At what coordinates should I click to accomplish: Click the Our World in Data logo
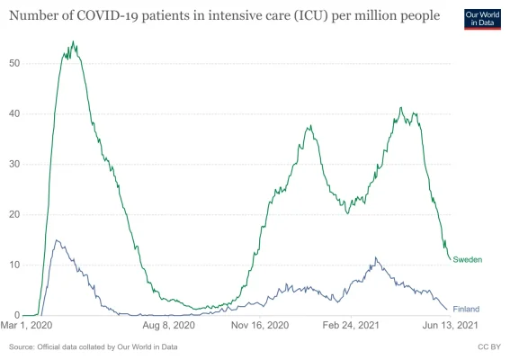click(x=481, y=18)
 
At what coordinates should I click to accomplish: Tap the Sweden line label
click(x=467, y=259)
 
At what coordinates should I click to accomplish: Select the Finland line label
click(x=466, y=309)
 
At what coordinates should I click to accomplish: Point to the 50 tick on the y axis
click(x=15, y=63)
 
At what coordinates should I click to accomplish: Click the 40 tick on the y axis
click(x=15, y=113)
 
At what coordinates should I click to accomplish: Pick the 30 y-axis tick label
click(x=15, y=164)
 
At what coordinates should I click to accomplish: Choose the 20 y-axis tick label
click(x=15, y=214)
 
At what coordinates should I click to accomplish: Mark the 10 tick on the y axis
click(x=15, y=265)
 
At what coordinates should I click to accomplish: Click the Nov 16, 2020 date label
click(x=261, y=327)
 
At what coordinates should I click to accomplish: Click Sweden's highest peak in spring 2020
click(x=73, y=41)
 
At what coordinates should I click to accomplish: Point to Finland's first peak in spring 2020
click(x=57, y=240)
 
